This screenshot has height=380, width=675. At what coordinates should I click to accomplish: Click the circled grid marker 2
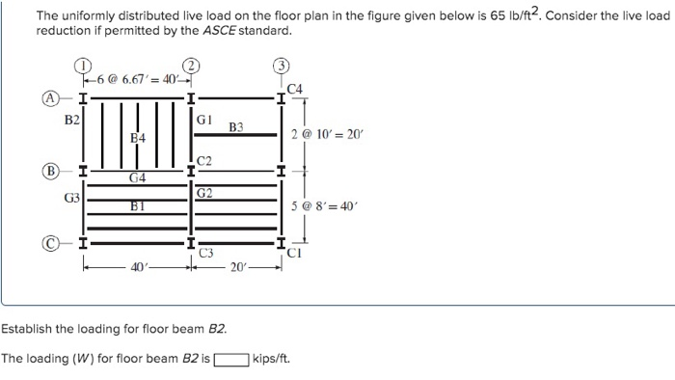coord(193,67)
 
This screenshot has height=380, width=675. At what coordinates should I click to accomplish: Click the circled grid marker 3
coord(281,67)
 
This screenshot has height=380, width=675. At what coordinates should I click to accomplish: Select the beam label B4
coord(138,139)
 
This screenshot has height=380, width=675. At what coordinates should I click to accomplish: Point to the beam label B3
coord(236,126)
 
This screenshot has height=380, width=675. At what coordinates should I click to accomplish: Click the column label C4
coord(295,89)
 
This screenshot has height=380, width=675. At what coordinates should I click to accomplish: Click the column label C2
coord(203,159)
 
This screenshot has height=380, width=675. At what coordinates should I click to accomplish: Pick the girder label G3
coord(71,198)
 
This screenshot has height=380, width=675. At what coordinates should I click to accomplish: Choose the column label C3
coord(204,253)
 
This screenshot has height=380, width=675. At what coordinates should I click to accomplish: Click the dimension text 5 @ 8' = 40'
coord(323,205)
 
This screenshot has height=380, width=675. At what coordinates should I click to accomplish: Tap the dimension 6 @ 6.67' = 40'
coord(137,76)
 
